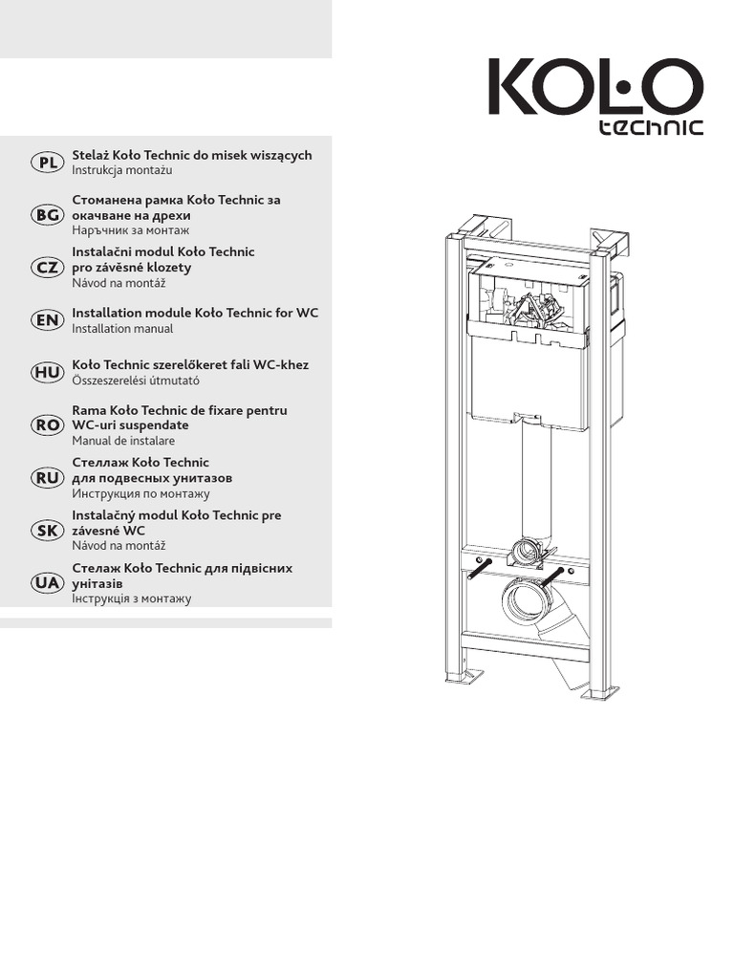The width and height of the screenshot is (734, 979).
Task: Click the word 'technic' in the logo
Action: click(651, 127)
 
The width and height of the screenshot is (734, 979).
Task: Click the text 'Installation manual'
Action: click(122, 329)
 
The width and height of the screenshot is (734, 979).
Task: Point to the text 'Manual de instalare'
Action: click(123, 442)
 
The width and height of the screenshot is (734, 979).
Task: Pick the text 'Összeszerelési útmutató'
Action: click(136, 381)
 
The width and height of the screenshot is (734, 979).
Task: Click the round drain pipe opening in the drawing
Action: click(525, 604)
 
